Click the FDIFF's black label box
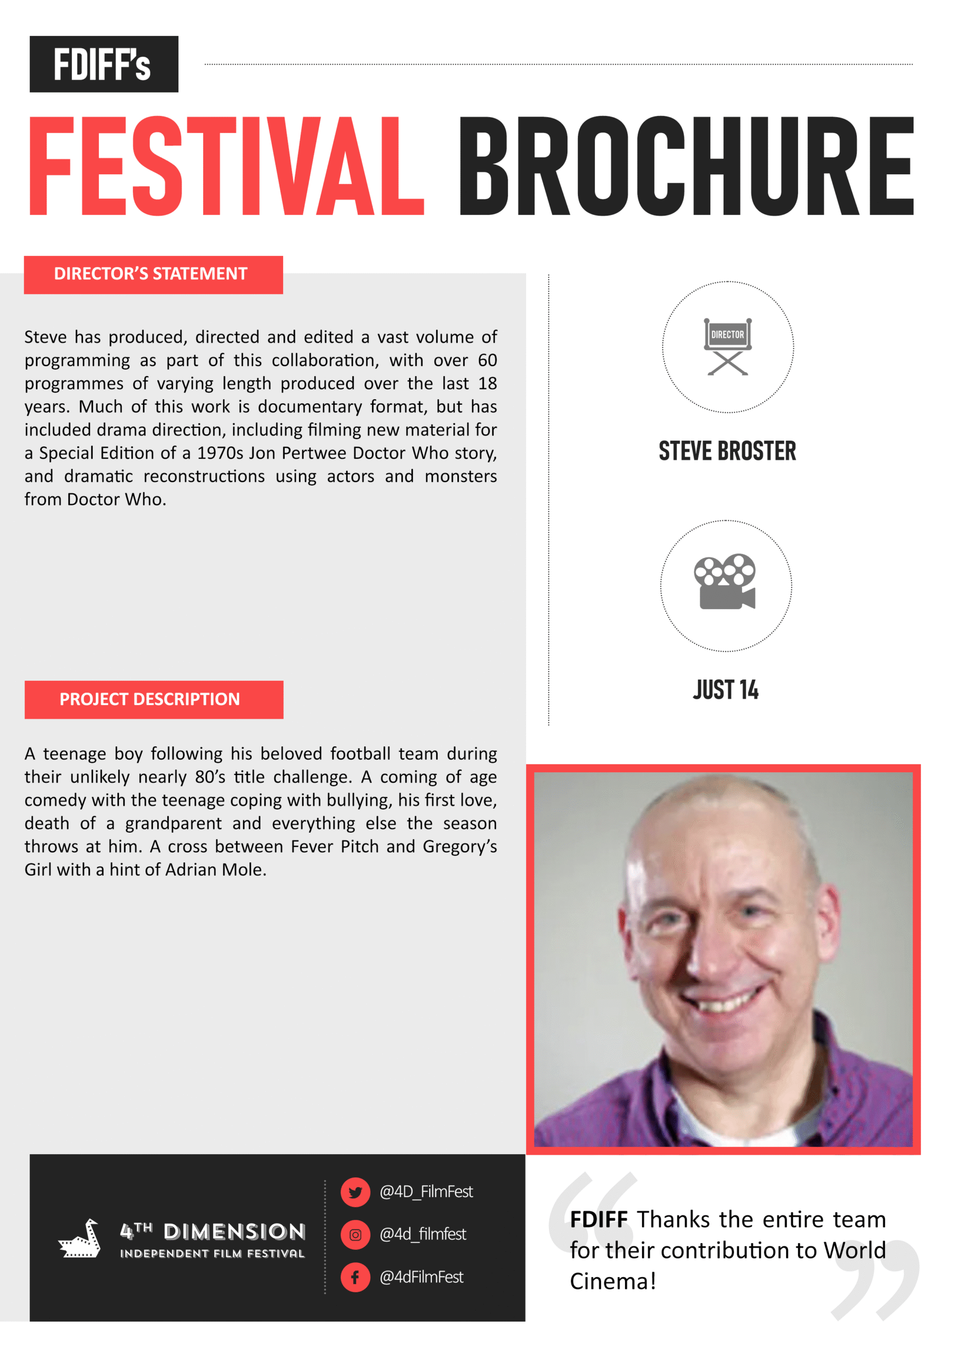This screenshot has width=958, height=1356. tap(104, 64)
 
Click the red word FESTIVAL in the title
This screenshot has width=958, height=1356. tap(226, 166)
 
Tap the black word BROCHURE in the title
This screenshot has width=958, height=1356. tap(686, 166)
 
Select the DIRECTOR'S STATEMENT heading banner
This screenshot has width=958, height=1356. tap(153, 274)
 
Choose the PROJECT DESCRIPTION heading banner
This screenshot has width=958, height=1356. tap(153, 699)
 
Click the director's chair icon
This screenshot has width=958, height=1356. tap(727, 346)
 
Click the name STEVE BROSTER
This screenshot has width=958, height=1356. tap(727, 451)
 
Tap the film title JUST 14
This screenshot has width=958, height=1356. tap(726, 689)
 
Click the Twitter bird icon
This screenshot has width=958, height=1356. tap(355, 1192)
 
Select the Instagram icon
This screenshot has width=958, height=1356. tap(355, 1234)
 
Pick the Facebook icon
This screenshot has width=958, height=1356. tap(355, 1278)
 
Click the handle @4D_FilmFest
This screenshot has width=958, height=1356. tap(426, 1192)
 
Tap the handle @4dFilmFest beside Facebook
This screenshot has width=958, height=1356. tap(421, 1278)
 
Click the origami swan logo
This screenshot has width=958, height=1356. tap(80, 1239)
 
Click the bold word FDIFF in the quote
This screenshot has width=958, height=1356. tap(599, 1219)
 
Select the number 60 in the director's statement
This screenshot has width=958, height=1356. tap(487, 360)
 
